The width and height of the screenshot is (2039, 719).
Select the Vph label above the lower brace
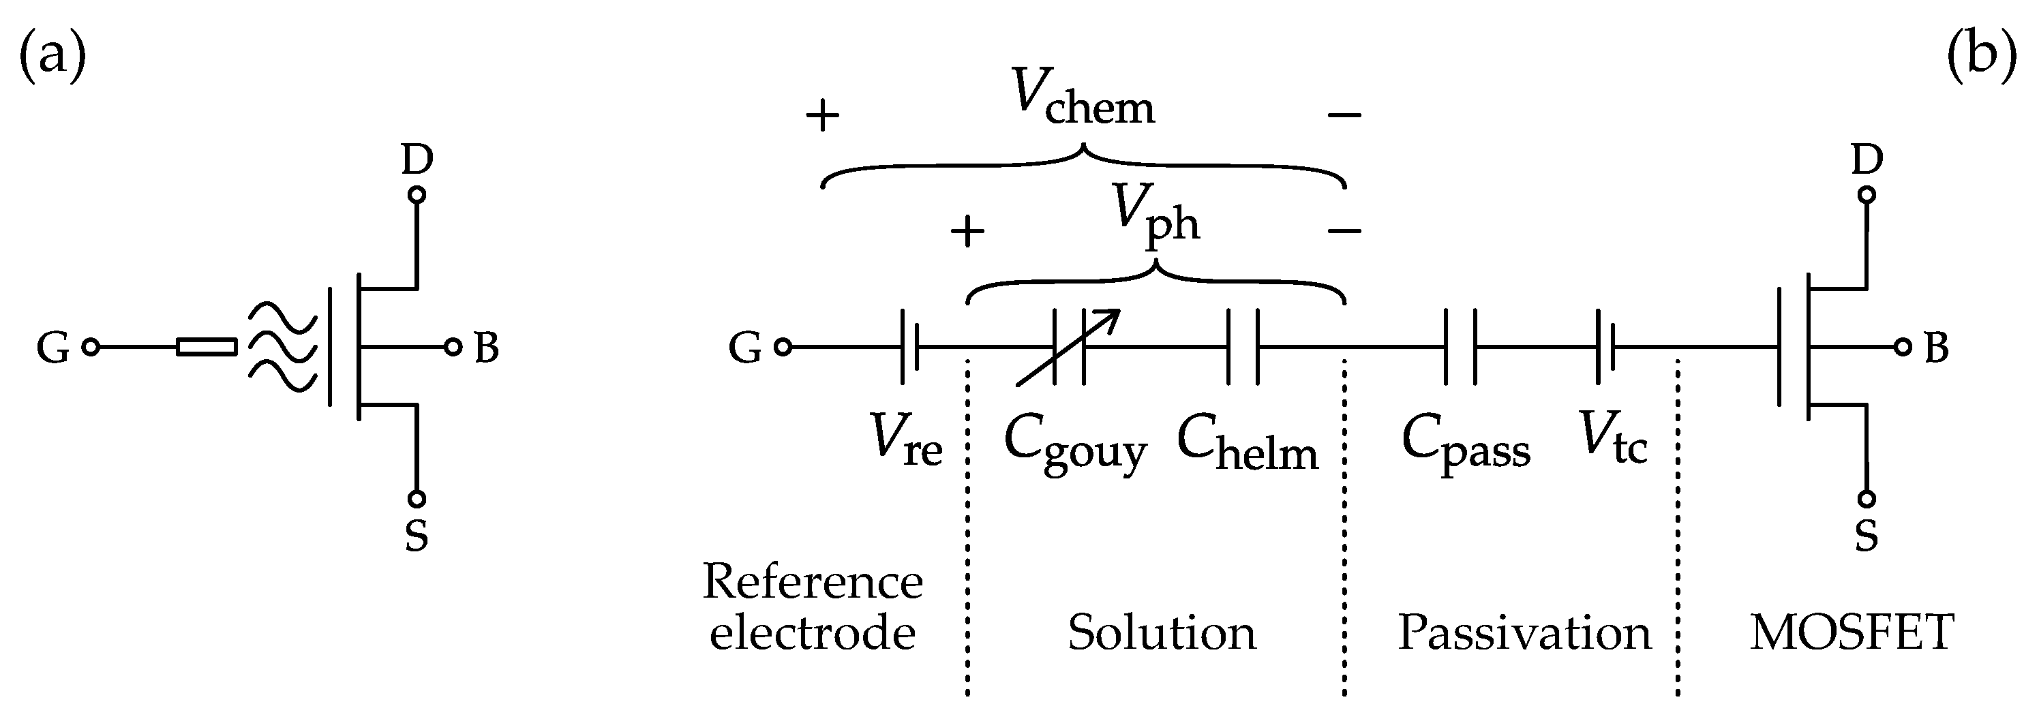pos(1156,215)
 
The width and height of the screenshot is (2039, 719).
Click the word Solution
pos(1161,632)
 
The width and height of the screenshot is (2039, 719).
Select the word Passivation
pos(1524,632)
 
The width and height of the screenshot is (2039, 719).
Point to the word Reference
pos(813,582)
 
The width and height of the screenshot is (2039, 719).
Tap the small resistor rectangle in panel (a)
pos(207,346)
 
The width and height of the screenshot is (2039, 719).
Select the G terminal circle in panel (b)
pos(783,346)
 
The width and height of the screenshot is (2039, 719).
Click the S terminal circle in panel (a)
pos(417,498)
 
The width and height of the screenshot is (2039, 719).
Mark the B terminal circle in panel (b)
pos(1903,346)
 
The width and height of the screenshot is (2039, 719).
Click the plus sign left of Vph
pos(967,232)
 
